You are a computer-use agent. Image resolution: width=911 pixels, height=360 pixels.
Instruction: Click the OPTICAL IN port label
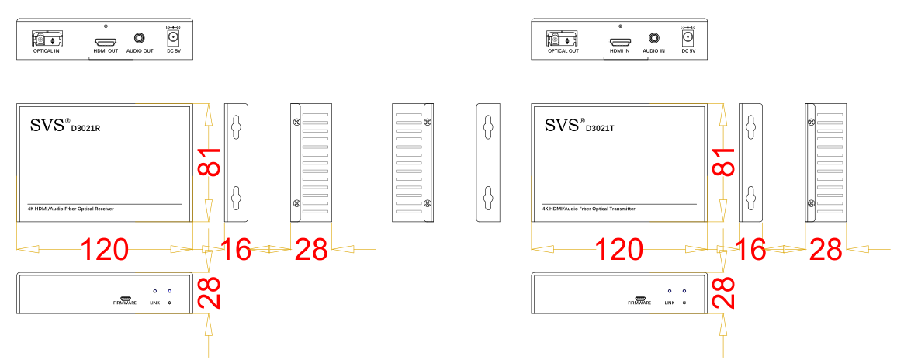pyautogui.click(x=47, y=50)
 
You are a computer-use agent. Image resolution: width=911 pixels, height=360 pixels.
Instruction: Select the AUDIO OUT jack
pyautogui.click(x=140, y=37)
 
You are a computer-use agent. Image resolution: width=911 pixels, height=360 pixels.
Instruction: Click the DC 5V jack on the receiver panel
pyautogui.click(x=174, y=36)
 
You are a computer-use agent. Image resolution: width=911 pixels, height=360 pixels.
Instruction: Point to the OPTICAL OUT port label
pyautogui.click(x=563, y=50)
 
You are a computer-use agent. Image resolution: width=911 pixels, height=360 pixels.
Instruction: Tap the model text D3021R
pyautogui.click(x=86, y=129)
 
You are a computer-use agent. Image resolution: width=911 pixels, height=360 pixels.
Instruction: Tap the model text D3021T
pyautogui.click(x=601, y=129)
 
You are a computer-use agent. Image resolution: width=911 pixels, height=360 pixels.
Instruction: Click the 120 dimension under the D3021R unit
pyautogui.click(x=105, y=250)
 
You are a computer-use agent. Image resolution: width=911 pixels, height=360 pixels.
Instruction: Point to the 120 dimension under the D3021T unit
pyautogui.click(x=620, y=250)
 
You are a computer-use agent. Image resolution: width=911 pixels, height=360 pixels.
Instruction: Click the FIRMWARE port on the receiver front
pyautogui.click(x=125, y=296)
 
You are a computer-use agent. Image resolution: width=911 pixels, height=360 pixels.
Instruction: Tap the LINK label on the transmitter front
pyautogui.click(x=670, y=303)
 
